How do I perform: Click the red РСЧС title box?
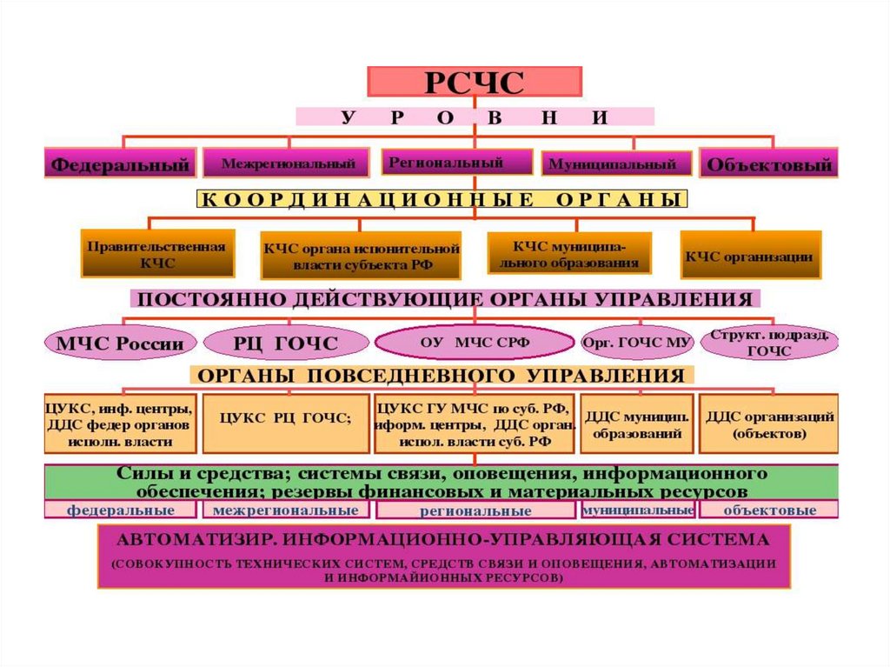(474, 81)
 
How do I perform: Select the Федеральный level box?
(119, 163)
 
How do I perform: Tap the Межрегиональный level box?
(288, 163)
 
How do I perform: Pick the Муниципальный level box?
(617, 163)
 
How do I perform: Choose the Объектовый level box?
(769, 163)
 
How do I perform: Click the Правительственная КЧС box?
(156, 253)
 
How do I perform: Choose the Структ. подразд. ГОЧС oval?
(768, 343)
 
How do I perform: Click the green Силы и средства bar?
(442, 482)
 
